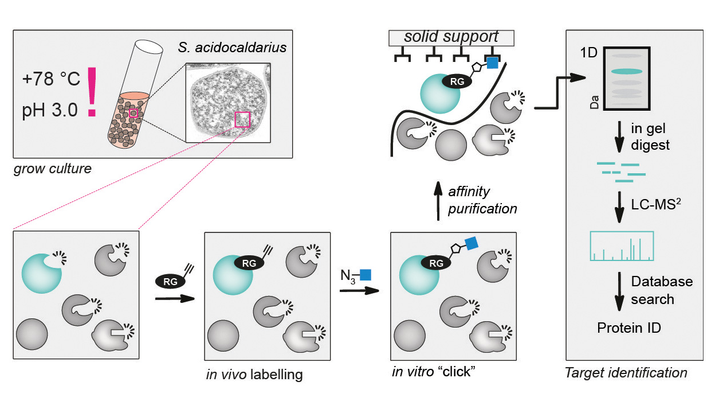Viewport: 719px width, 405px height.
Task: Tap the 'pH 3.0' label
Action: (x=50, y=110)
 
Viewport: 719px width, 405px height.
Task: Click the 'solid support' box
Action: (x=451, y=37)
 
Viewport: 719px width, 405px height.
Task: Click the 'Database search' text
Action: (x=661, y=290)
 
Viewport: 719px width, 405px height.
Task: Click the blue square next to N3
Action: (x=366, y=274)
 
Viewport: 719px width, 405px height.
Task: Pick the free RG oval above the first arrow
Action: (x=169, y=281)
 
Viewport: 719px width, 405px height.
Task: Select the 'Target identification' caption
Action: (x=626, y=373)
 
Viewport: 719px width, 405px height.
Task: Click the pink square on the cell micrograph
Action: (x=242, y=119)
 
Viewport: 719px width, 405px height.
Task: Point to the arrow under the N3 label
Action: (x=359, y=290)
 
